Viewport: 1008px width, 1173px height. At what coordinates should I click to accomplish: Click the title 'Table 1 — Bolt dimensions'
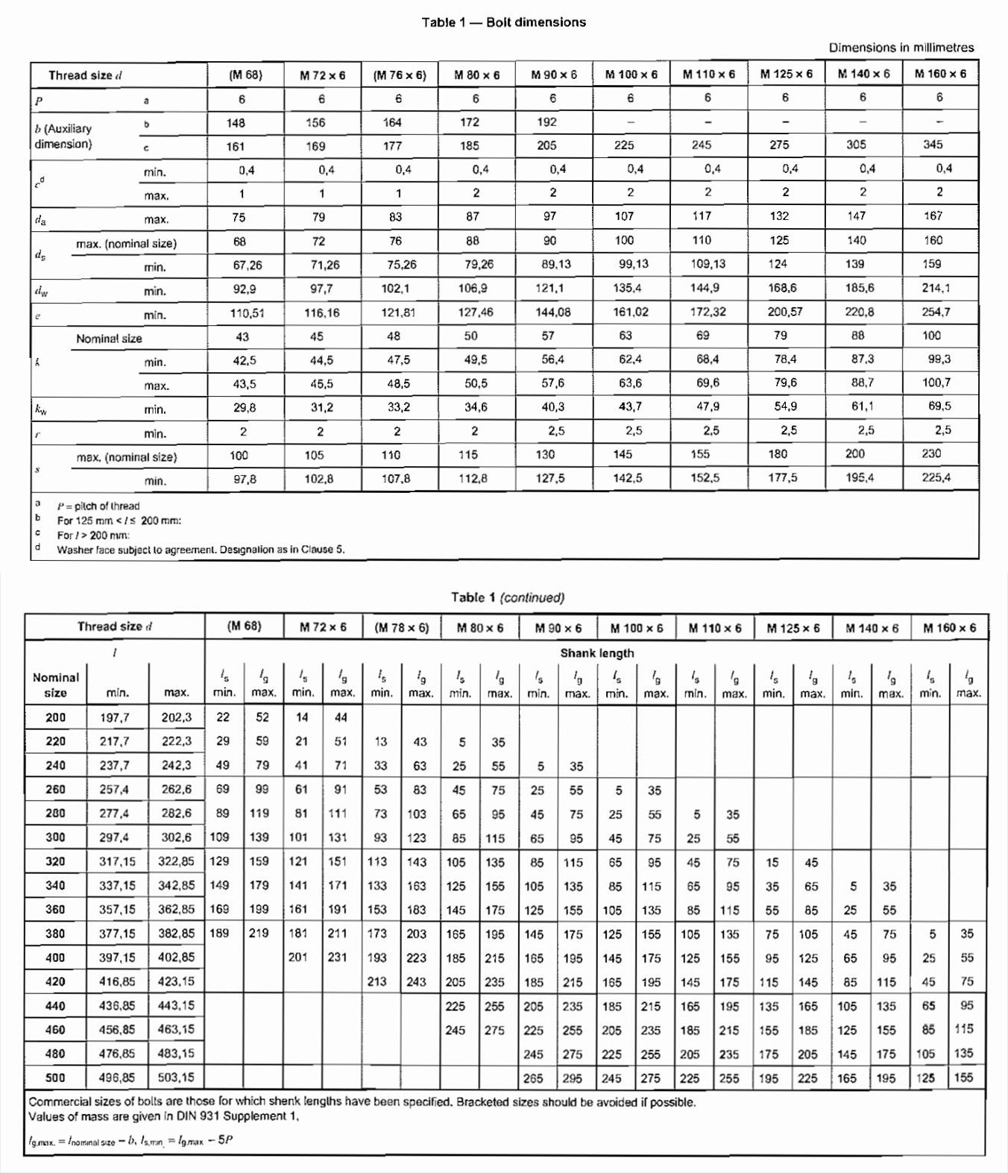point(503,22)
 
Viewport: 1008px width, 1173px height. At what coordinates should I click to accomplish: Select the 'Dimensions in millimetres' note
point(901,48)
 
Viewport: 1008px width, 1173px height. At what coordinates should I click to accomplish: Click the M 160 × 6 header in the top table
point(939,74)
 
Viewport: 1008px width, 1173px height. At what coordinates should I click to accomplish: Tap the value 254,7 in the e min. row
point(936,312)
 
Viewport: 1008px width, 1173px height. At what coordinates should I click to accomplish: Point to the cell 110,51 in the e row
point(247,313)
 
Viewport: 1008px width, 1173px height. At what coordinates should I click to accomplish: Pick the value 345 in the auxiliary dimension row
point(933,145)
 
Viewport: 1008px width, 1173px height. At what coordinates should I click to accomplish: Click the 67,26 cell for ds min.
point(247,265)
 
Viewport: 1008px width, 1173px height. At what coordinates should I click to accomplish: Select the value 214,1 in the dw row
point(936,288)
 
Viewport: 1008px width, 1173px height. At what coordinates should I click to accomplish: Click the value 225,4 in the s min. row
point(936,477)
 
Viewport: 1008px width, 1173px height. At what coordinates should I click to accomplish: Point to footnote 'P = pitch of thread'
point(98,506)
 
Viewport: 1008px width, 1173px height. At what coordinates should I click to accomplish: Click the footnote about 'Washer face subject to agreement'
point(201,550)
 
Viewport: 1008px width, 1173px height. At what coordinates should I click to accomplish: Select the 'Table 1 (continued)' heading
point(507,597)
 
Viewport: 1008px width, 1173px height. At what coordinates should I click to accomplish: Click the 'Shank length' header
point(596,653)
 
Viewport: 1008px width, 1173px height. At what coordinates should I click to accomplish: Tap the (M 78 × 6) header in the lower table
point(401,628)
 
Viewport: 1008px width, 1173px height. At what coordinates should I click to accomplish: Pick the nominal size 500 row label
point(55,1078)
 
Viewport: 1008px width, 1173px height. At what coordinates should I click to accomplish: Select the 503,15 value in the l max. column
point(176,1078)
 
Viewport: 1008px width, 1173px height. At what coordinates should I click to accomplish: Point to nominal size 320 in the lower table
point(55,861)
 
